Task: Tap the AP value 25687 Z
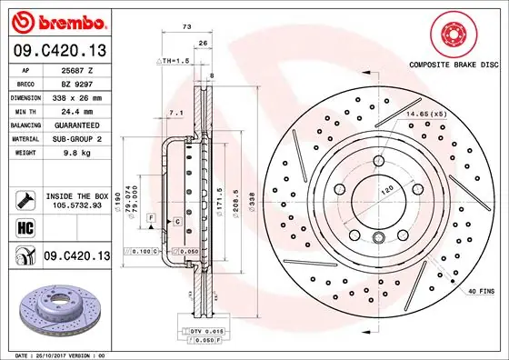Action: (78, 69)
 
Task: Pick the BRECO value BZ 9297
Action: (77, 82)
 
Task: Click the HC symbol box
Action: (25, 228)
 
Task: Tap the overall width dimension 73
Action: (186, 29)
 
